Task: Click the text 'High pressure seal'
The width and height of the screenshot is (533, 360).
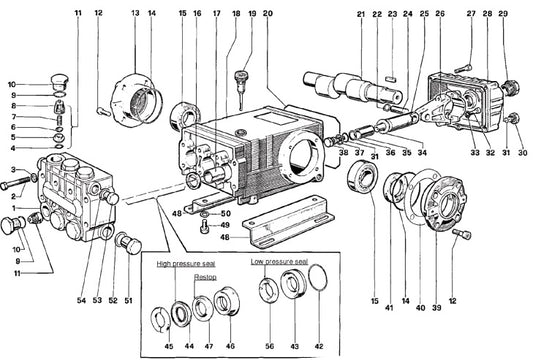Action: [186, 264]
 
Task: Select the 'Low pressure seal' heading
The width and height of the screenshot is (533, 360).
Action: [279, 261]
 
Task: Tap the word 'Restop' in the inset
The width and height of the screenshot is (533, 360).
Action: [205, 277]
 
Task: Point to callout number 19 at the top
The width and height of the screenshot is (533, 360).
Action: [252, 14]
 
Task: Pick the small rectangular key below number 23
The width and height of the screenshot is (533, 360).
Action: [391, 79]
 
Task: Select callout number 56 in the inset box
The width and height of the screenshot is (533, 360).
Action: [269, 346]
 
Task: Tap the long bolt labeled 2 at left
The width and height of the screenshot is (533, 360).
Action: [15, 182]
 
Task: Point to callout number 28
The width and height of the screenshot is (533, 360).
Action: [487, 14]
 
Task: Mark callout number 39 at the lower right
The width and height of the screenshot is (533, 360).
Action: [436, 307]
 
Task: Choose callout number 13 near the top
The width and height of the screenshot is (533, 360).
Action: [135, 13]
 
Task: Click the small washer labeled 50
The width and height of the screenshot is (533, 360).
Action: [205, 215]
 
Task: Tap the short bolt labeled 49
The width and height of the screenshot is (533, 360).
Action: [205, 225]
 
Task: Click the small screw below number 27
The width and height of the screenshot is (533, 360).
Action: [463, 68]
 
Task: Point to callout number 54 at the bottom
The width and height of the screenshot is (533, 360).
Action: [81, 300]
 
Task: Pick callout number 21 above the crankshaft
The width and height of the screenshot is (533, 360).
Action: [361, 14]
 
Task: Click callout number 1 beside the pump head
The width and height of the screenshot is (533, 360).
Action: [14, 208]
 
